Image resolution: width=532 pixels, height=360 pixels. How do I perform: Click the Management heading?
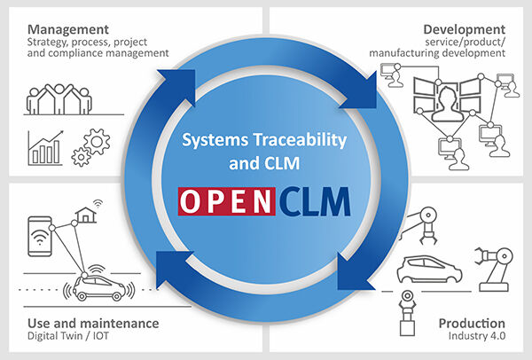point(68,29)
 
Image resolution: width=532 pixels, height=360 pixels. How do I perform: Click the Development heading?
point(464,29)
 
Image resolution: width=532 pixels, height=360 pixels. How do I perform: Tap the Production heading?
point(472,323)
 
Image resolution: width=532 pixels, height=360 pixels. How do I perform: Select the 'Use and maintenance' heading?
point(93,323)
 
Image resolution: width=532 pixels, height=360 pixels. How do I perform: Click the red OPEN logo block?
point(227,201)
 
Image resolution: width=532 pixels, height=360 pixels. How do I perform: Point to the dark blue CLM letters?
point(315,202)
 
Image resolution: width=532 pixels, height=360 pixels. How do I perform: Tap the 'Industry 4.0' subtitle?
point(477,336)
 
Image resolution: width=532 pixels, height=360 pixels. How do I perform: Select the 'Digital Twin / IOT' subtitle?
point(68,336)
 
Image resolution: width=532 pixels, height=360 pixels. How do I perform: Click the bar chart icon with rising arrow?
point(45,148)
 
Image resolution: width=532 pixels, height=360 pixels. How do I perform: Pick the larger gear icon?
point(97,142)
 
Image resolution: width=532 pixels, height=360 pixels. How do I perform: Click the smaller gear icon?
point(81,157)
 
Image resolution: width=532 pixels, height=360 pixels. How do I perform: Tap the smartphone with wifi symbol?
point(40,236)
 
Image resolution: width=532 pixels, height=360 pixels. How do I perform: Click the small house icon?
point(86,215)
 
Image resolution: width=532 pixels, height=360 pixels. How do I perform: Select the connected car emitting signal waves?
point(98,287)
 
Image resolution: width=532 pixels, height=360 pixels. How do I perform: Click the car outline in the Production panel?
point(429,270)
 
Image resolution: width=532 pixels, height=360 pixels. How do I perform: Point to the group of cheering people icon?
point(59,99)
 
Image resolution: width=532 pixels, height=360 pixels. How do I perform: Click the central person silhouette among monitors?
point(448,104)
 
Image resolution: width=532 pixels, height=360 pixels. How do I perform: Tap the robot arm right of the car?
point(495,269)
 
